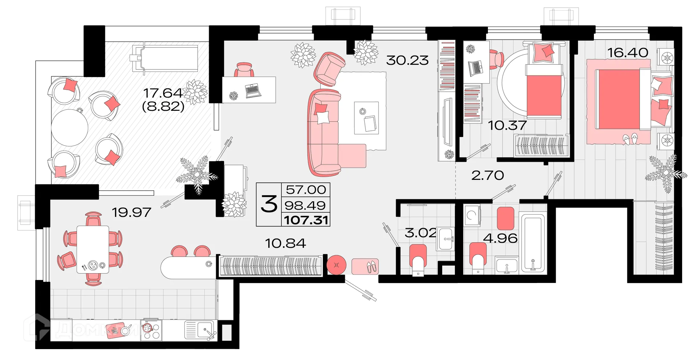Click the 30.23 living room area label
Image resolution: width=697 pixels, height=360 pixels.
coord(407,60)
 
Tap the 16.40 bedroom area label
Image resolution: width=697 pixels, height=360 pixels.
coord(628,53)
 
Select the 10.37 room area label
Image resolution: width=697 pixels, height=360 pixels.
coord(507,125)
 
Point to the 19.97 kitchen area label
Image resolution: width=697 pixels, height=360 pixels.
coord(131,212)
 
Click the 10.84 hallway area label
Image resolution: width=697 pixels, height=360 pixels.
coord(285,243)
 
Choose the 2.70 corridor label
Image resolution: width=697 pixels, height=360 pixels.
coord(488,175)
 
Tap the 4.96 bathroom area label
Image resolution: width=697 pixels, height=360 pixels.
coord(500,238)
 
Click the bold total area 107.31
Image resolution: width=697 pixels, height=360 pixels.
coord(306,220)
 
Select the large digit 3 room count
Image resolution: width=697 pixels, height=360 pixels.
coord(269,205)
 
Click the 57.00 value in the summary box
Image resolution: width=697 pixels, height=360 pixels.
coord(306,189)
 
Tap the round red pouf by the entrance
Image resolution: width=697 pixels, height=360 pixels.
coord(337,265)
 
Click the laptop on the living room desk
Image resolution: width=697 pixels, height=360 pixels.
coord(253,90)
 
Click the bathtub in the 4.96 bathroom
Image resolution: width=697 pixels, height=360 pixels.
coord(532,243)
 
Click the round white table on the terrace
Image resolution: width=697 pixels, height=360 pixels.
coord(69,127)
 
